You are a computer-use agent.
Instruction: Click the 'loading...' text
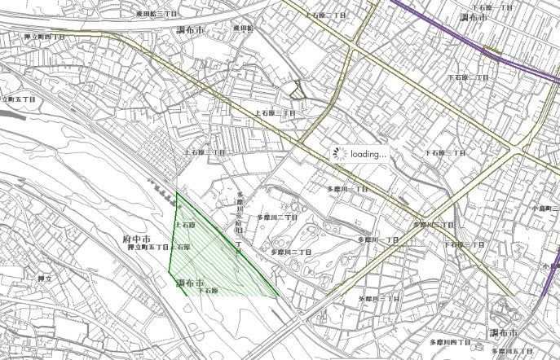pyautogui.click(x=368, y=153)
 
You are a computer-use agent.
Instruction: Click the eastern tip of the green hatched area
pyautogui.click(x=279, y=296)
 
